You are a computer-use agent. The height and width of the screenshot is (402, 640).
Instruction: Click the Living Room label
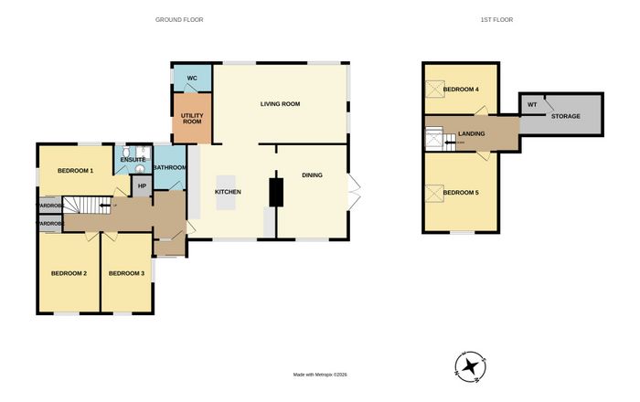[280, 104]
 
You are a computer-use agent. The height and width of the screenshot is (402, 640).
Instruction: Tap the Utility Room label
[192, 119]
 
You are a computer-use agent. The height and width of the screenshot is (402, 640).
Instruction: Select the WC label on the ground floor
[192, 79]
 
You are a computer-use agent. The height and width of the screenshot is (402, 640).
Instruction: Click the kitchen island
[226, 193]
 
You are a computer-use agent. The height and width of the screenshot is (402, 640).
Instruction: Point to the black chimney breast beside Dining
[276, 192]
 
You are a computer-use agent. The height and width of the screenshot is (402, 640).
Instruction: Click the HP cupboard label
[142, 186]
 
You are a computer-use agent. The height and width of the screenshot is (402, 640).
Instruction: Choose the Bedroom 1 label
[76, 171]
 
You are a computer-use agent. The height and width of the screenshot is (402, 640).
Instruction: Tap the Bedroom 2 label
[69, 273]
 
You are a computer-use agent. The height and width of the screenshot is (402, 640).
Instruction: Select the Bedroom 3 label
[126, 273]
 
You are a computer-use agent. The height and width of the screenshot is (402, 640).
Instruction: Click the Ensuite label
[133, 160]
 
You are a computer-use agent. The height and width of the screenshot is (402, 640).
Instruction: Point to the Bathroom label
[170, 167]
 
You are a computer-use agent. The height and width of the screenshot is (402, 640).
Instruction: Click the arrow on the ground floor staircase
[105, 206]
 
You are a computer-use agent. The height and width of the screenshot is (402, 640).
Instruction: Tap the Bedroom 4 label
[461, 90]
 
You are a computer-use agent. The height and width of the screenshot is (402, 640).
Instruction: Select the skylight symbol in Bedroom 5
[434, 194]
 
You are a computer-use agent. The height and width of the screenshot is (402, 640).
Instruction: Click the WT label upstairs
[532, 105]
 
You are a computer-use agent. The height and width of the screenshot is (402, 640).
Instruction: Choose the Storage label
[566, 116]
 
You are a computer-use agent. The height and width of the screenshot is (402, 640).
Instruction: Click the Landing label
[472, 133]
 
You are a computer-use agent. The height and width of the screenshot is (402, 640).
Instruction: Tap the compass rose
[471, 366]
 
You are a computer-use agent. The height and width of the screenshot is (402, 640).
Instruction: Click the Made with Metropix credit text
[320, 375]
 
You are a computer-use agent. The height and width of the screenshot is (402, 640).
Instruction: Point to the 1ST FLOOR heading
[496, 19]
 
